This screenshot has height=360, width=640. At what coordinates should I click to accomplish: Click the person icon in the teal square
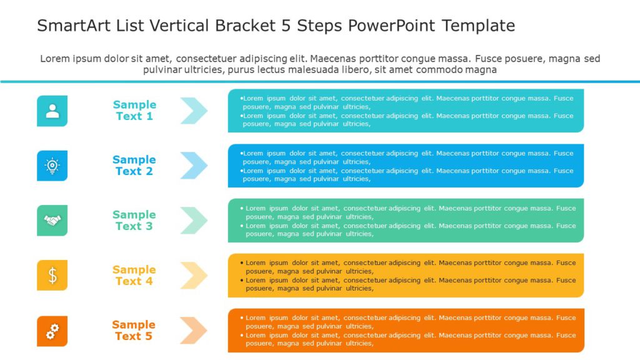coord(52,111)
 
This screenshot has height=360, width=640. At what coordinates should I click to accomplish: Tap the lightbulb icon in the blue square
coord(52,166)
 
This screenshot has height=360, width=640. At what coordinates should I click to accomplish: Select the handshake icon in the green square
coord(52,221)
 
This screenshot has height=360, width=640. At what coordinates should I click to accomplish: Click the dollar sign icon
coord(52,276)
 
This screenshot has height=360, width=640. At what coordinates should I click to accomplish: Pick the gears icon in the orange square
coord(52,331)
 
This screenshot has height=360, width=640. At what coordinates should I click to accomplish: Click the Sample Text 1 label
coord(134,111)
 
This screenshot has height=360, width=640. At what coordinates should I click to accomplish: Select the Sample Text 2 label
coord(134,166)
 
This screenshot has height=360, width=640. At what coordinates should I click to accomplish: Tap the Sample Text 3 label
coord(134,221)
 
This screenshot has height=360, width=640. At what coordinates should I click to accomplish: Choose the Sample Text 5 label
coord(134,331)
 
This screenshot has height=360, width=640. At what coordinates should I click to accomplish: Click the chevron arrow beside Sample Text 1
coord(194,111)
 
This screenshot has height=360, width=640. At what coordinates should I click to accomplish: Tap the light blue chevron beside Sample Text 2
coord(194,166)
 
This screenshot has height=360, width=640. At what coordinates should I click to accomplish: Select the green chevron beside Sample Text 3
coord(194,221)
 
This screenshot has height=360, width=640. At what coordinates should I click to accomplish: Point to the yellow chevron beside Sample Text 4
coord(194,276)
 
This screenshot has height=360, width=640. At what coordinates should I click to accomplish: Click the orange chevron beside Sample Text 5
coord(194,331)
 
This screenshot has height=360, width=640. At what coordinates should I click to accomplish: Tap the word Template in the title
coord(478,26)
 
